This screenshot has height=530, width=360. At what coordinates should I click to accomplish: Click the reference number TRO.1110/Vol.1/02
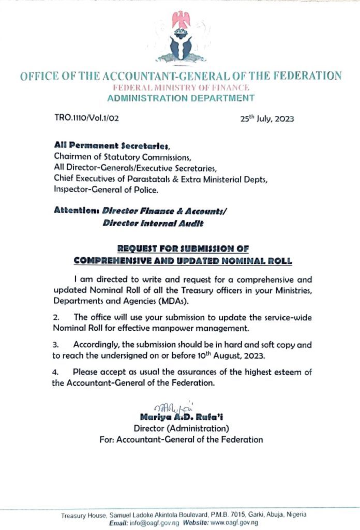87,118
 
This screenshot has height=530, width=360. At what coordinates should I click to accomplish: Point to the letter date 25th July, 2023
267,118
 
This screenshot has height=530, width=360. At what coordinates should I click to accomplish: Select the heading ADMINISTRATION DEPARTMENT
181,98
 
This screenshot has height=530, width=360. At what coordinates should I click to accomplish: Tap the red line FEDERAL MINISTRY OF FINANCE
181,87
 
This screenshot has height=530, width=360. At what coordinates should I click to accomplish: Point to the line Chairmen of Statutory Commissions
123,157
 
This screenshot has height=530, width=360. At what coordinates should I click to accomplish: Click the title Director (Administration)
181,429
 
